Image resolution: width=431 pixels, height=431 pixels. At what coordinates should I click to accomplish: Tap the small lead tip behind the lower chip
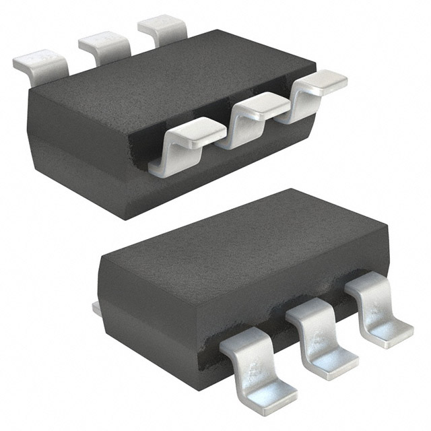coord(96,308)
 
